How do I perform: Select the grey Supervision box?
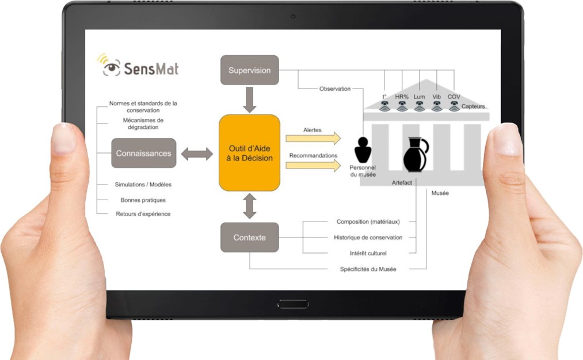[x=249, y=70]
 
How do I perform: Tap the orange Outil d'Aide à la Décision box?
[x=249, y=153]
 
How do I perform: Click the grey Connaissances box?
[x=143, y=153]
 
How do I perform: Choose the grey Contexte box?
[x=249, y=238]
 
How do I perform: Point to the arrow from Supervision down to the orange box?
[x=249, y=99]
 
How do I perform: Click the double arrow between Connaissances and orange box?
[x=197, y=154]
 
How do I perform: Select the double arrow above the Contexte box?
[x=249, y=206]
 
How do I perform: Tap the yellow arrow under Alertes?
[x=313, y=138]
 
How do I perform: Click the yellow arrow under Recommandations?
[x=313, y=165]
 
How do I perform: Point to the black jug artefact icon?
[x=416, y=155]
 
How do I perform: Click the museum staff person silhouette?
[x=363, y=150]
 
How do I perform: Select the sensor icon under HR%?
[x=402, y=106]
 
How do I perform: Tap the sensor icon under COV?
[x=454, y=106]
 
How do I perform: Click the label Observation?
[x=334, y=89]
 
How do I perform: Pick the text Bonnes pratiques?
[x=143, y=200]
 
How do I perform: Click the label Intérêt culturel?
[x=368, y=253]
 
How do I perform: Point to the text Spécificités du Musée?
[x=368, y=269]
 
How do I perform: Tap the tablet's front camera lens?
[x=293, y=16]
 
